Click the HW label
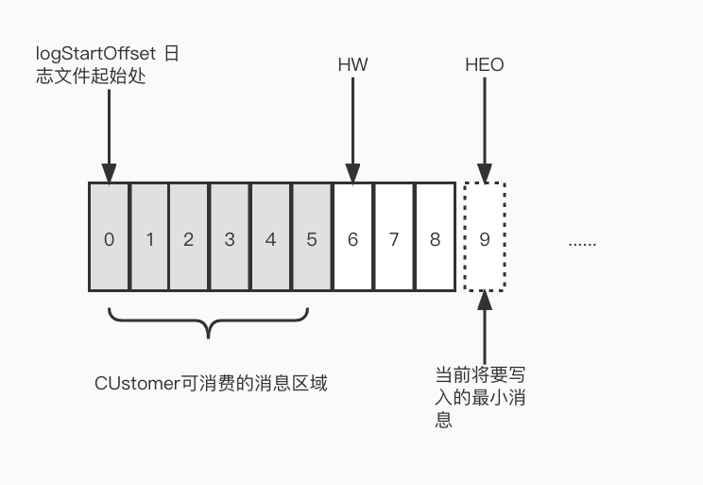coord(352,65)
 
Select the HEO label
coord(485,65)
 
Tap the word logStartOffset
coord(91,54)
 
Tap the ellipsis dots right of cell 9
coord(582,242)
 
